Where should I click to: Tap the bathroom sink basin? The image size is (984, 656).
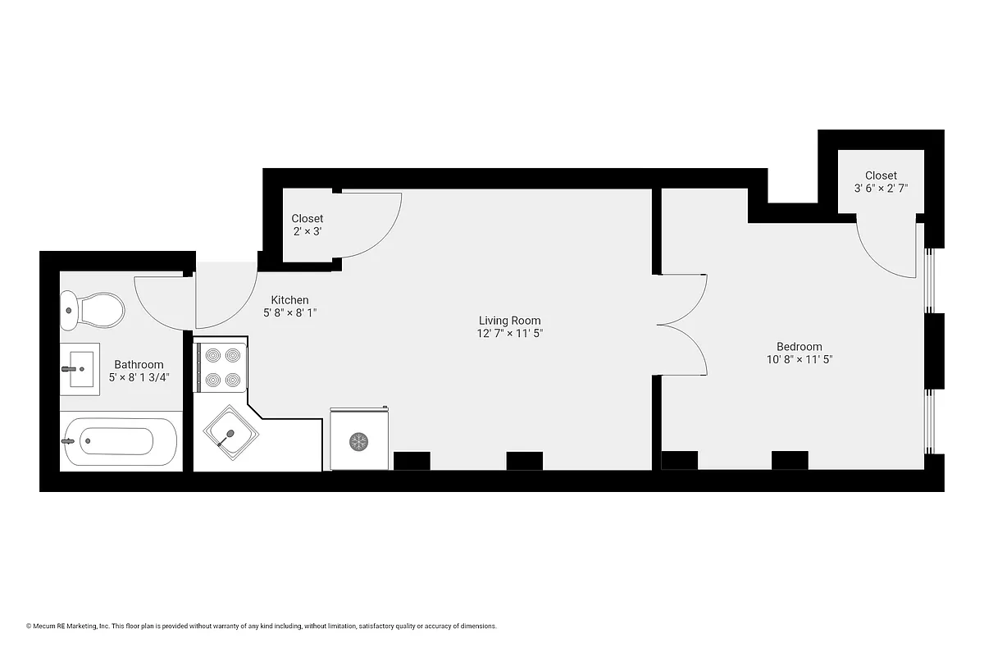[80, 369]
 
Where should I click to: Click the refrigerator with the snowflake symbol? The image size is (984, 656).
[358, 439]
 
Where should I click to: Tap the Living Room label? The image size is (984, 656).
[509, 321]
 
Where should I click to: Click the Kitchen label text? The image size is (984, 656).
[289, 300]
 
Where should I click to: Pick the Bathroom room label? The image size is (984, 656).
[139, 364]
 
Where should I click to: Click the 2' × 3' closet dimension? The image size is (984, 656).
[307, 232]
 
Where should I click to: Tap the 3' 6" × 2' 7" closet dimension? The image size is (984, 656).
[881, 189]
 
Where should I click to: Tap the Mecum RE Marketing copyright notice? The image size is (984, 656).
[261, 626]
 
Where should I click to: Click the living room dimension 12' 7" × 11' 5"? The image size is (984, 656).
[509, 334]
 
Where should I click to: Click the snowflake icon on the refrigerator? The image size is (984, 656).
[358, 442]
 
